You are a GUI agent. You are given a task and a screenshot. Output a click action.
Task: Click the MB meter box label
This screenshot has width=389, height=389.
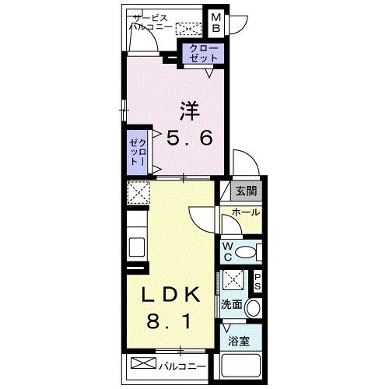[x=216, y=23]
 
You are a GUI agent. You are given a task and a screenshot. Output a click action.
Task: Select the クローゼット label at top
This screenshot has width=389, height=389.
[x=204, y=53]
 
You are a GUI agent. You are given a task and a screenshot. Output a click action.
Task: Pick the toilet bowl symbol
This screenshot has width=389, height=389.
[x=247, y=252]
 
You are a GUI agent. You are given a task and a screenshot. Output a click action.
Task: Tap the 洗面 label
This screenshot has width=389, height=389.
[x=232, y=306]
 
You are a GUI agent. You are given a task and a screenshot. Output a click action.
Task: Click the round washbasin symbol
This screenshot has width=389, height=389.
[x=254, y=309]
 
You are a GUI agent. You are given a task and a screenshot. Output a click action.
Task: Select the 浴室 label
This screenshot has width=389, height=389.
[x=239, y=342]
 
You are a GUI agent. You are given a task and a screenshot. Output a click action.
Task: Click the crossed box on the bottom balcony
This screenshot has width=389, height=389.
[x=143, y=364]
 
